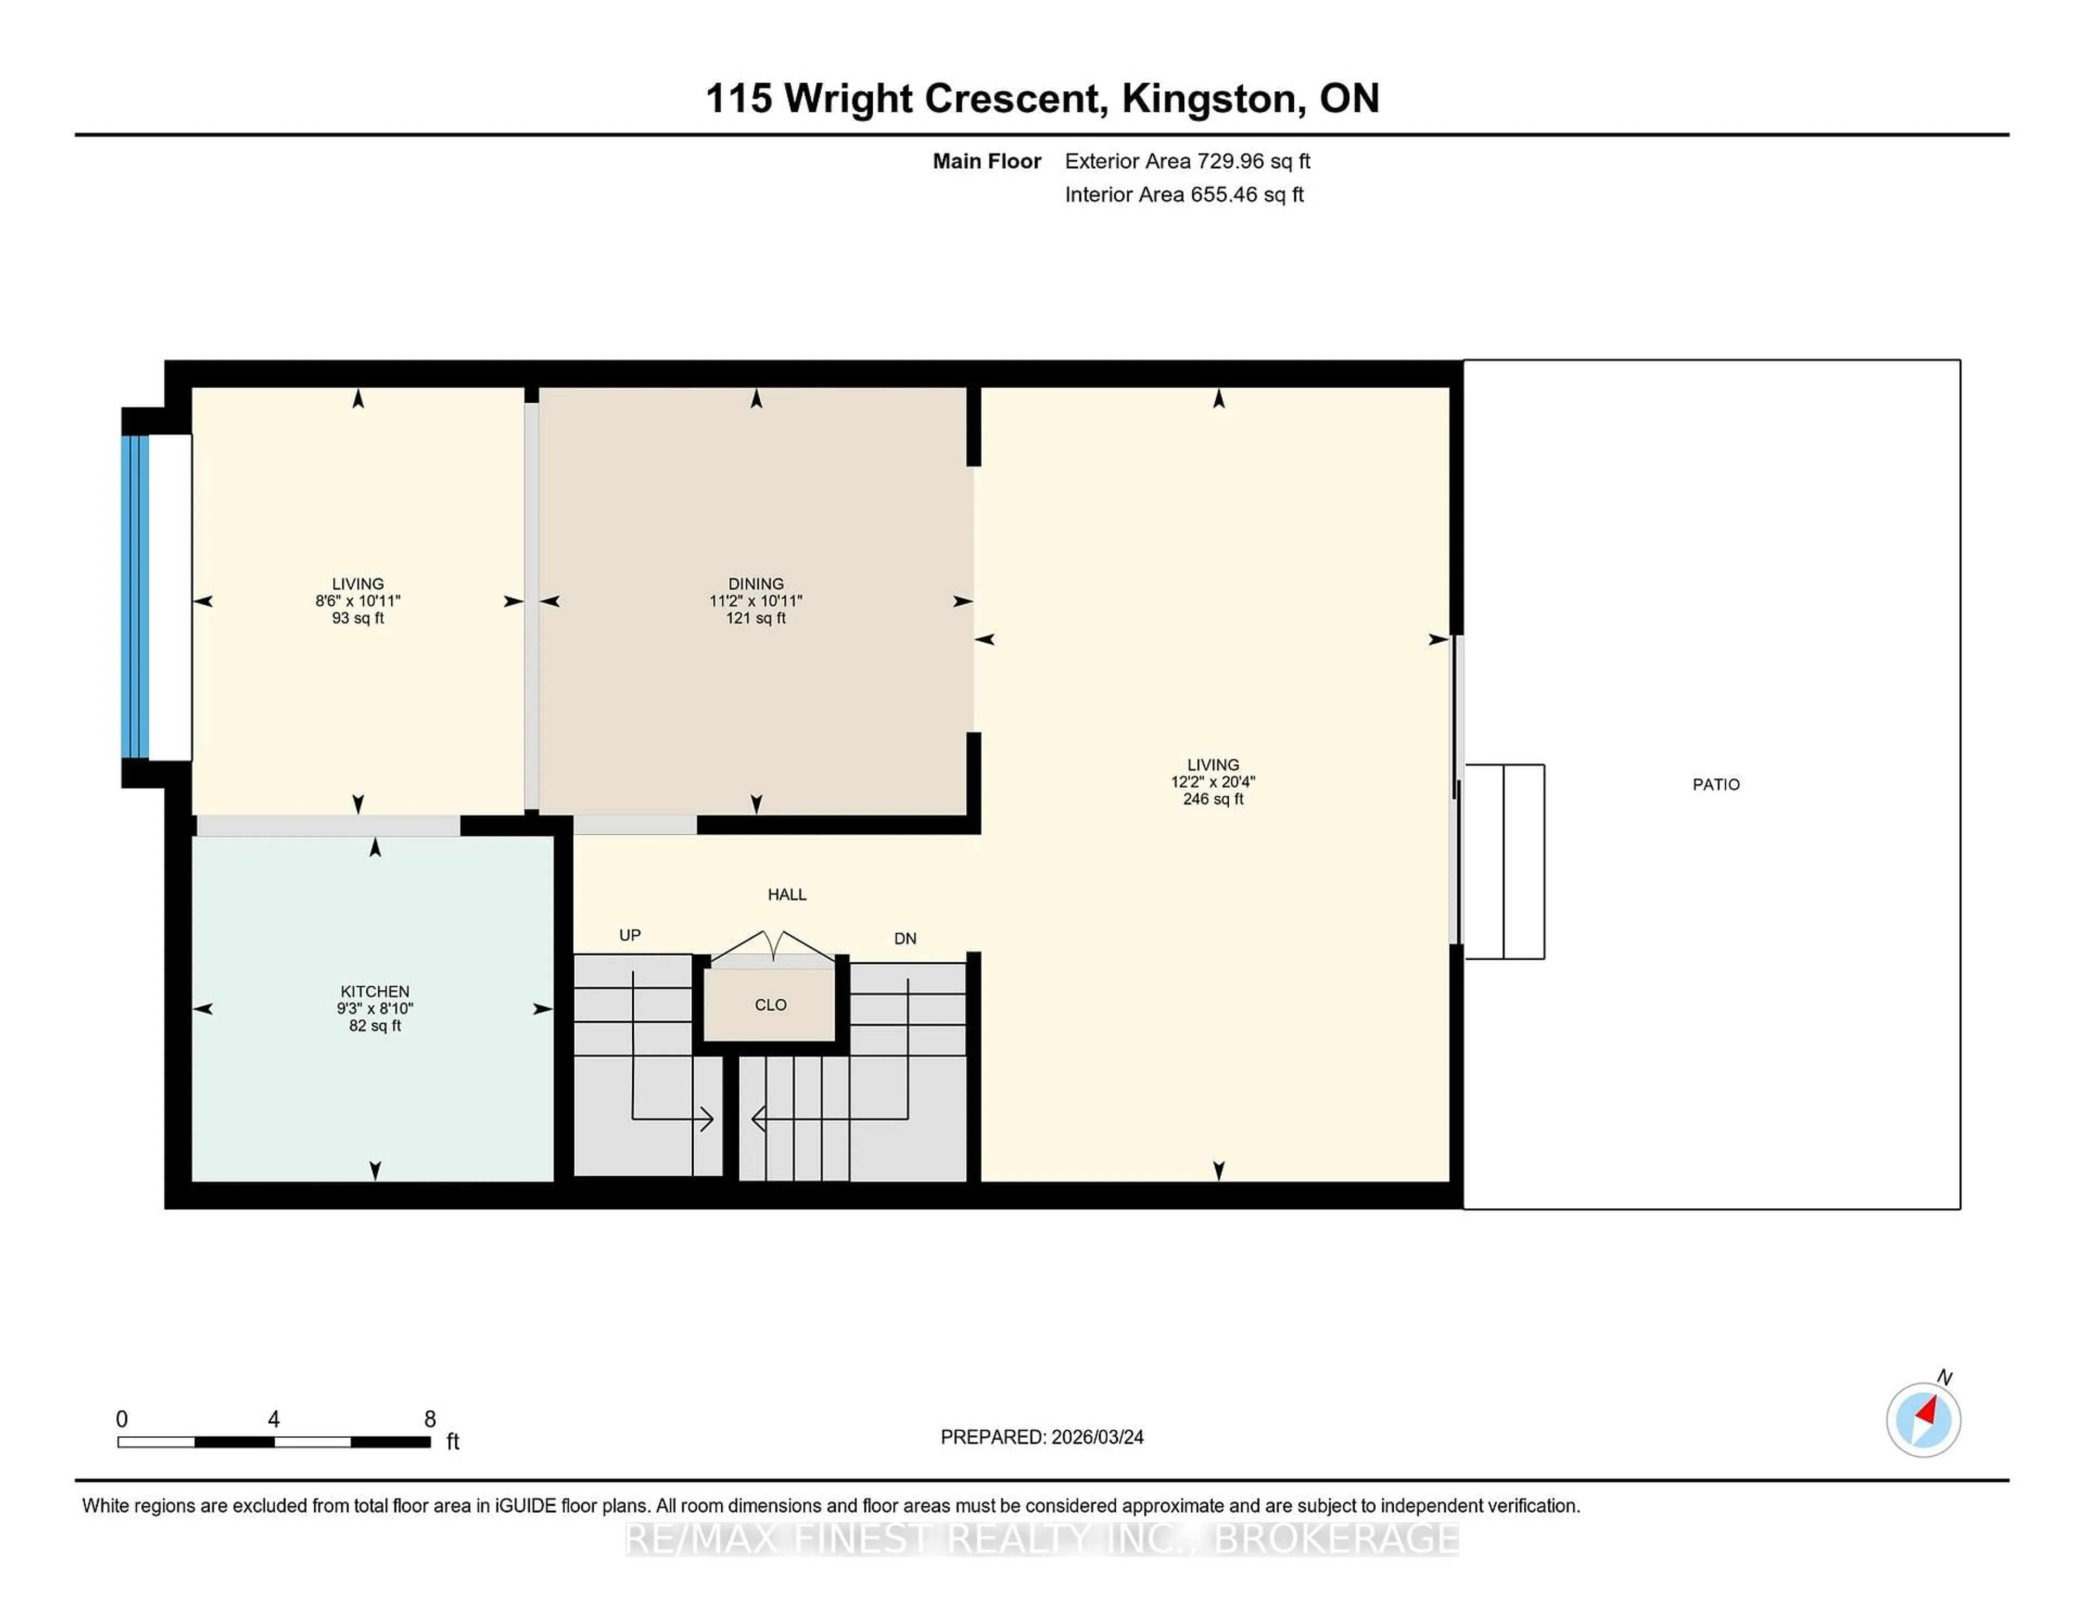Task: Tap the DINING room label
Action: (x=756, y=583)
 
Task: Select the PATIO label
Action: (x=1716, y=784)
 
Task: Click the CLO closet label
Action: (x=770, y=1005)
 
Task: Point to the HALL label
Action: (x=787, y=895)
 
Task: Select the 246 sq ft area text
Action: (x=1213, y=799)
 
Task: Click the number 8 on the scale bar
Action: (x=429, y=1419)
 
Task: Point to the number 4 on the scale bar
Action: (x=274, y=1419)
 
